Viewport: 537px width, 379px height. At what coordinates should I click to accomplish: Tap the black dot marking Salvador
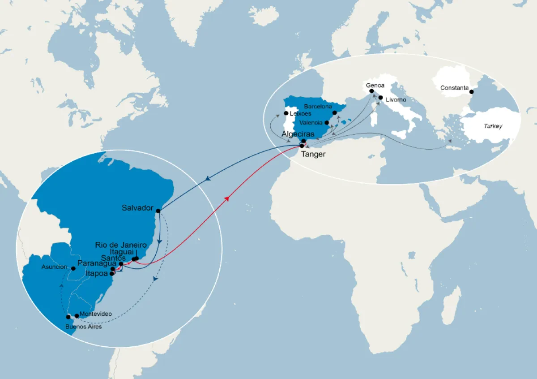tap(158, 211)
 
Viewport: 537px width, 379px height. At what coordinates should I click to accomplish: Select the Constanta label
tap(454, 88)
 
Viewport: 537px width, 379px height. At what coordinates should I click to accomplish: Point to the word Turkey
tap(493, 126)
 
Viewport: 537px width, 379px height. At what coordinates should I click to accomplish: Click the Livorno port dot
tap(380, 97)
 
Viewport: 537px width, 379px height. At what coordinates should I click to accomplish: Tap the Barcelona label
tap(318, 107)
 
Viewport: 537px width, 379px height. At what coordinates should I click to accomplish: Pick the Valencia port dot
tap(327, 122)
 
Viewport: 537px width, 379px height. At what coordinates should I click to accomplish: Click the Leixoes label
tap(300, 114)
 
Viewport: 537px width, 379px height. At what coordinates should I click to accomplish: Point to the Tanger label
tap(313, 154)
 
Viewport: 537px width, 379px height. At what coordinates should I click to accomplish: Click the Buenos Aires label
tap(83, 327)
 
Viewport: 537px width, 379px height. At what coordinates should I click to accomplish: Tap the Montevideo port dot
tap(77, 316)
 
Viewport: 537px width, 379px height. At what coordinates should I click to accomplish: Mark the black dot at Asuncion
tap(73, 268)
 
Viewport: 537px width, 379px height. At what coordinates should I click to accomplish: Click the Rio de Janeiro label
tap(121, 245)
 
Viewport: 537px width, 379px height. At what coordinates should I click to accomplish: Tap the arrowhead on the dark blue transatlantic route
tap(208, 179)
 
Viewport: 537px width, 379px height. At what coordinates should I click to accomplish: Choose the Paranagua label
tap(97, 263)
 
